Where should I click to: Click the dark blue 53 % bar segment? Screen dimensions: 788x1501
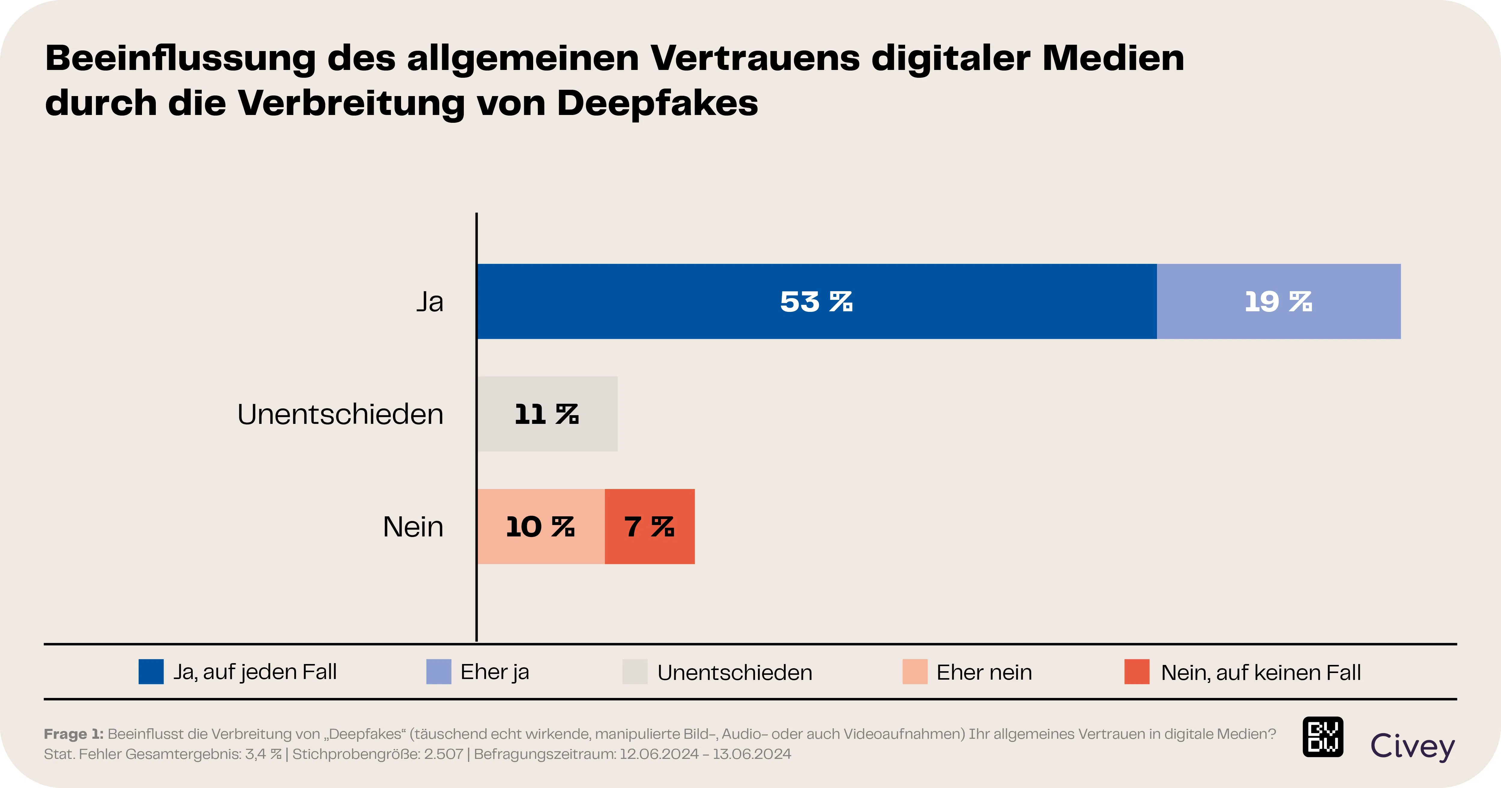816,301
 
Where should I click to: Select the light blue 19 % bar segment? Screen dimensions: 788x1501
1279,301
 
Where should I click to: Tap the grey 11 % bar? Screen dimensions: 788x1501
547,414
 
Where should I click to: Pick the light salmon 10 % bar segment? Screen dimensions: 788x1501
540,526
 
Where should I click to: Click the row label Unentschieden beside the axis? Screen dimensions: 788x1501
340,414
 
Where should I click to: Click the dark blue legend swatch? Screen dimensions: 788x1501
151,672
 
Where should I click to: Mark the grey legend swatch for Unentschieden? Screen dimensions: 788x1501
635,672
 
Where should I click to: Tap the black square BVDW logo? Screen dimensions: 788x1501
1323,737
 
